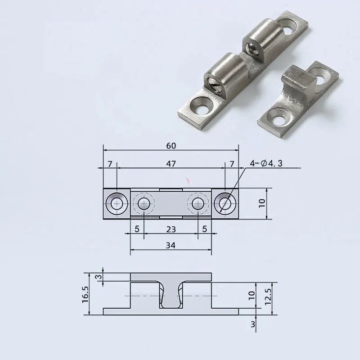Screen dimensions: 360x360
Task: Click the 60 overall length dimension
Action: (x=171, y=145)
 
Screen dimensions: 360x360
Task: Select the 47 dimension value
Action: (x=171, y=163)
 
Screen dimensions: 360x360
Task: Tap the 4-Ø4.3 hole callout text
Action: (x=266, y=163)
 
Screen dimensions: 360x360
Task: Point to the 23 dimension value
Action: (x=171, y=229)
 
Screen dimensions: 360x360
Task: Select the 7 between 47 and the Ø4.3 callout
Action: (x=232, y=164)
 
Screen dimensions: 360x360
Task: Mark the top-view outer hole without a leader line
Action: (x=117, y=204)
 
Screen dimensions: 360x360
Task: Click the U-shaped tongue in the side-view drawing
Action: (x=170, y=297)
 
